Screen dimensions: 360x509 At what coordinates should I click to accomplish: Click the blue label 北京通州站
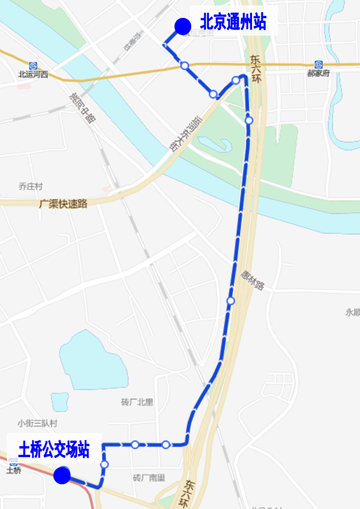pyautogui.click(x=233, y=22)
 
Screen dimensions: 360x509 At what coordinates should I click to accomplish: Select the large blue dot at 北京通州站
pyautogui.click(x=182, y=26)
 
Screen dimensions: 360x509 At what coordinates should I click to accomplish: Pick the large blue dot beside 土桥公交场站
pyautogui.click(x=62, y=476)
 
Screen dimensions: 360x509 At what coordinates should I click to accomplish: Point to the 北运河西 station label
pyautogui.click(x=33, y=74)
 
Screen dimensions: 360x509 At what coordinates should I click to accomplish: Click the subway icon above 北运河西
pyautogui.click(x=33, y=65)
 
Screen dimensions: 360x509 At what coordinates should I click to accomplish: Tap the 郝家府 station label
pyautogui.click(x=318, y=73)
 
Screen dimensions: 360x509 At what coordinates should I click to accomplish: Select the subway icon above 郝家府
pyautogui.click(x=318, y=65)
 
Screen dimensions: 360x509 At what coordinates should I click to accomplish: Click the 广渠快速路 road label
pyautogui.click(x=64, y=204)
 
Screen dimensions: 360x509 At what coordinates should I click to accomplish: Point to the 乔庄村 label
pyautogui.click(x=31, y=186)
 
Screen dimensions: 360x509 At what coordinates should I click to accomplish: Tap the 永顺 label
pyautogui.click(x=353, y=312)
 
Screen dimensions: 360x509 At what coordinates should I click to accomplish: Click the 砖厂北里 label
pyautogui.click(x=137, y=402)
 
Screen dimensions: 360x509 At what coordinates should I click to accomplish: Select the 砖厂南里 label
pyautogui.click(x=149, y=478)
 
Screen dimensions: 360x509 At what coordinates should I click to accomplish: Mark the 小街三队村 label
pyautogui.click(x=37, y=423)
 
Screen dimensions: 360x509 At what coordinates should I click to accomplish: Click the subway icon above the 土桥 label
pyautogui.click(x=14, y=462)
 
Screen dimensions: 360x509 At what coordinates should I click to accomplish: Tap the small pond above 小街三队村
pyautogui.click(x=59, y=401)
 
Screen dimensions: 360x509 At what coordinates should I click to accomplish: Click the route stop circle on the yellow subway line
pyautogui.click(x=184, y=65)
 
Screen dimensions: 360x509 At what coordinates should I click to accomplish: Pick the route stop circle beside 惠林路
pyautogui.click(x=230, y=301)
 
